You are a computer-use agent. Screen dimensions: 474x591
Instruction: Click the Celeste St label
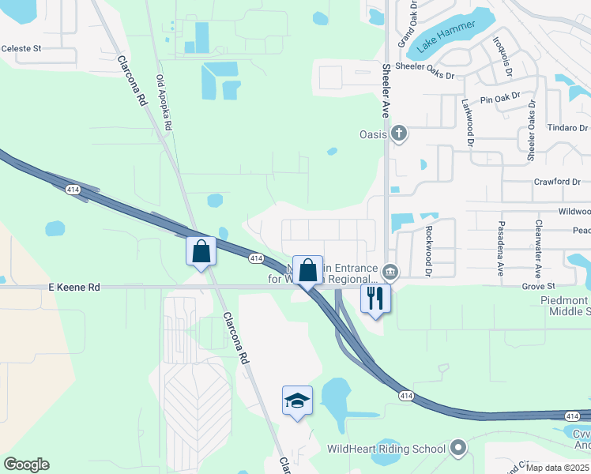pos(21,48)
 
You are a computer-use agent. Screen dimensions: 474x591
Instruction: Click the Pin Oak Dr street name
pos(500,97)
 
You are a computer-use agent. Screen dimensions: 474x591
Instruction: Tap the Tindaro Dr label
pos(567,128)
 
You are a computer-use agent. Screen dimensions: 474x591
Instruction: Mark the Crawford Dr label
pos(557,182)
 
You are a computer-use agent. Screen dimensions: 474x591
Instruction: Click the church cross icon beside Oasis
pos(399,134)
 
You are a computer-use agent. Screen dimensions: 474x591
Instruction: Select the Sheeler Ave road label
pos(386,91)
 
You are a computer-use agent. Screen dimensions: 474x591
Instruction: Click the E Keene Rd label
pos(74,288)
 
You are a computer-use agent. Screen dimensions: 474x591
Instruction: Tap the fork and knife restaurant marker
pos(375,299)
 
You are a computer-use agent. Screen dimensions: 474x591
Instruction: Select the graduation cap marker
pos(297,401)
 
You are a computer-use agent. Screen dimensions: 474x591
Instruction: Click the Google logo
pos(26,465)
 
